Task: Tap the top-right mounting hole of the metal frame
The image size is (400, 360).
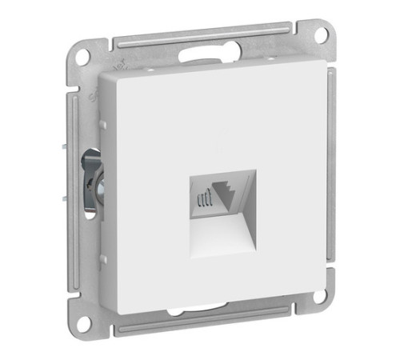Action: pos(321,36)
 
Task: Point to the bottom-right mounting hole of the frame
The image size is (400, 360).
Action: pos(320,298)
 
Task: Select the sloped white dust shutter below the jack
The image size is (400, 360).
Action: pos(224,230)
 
